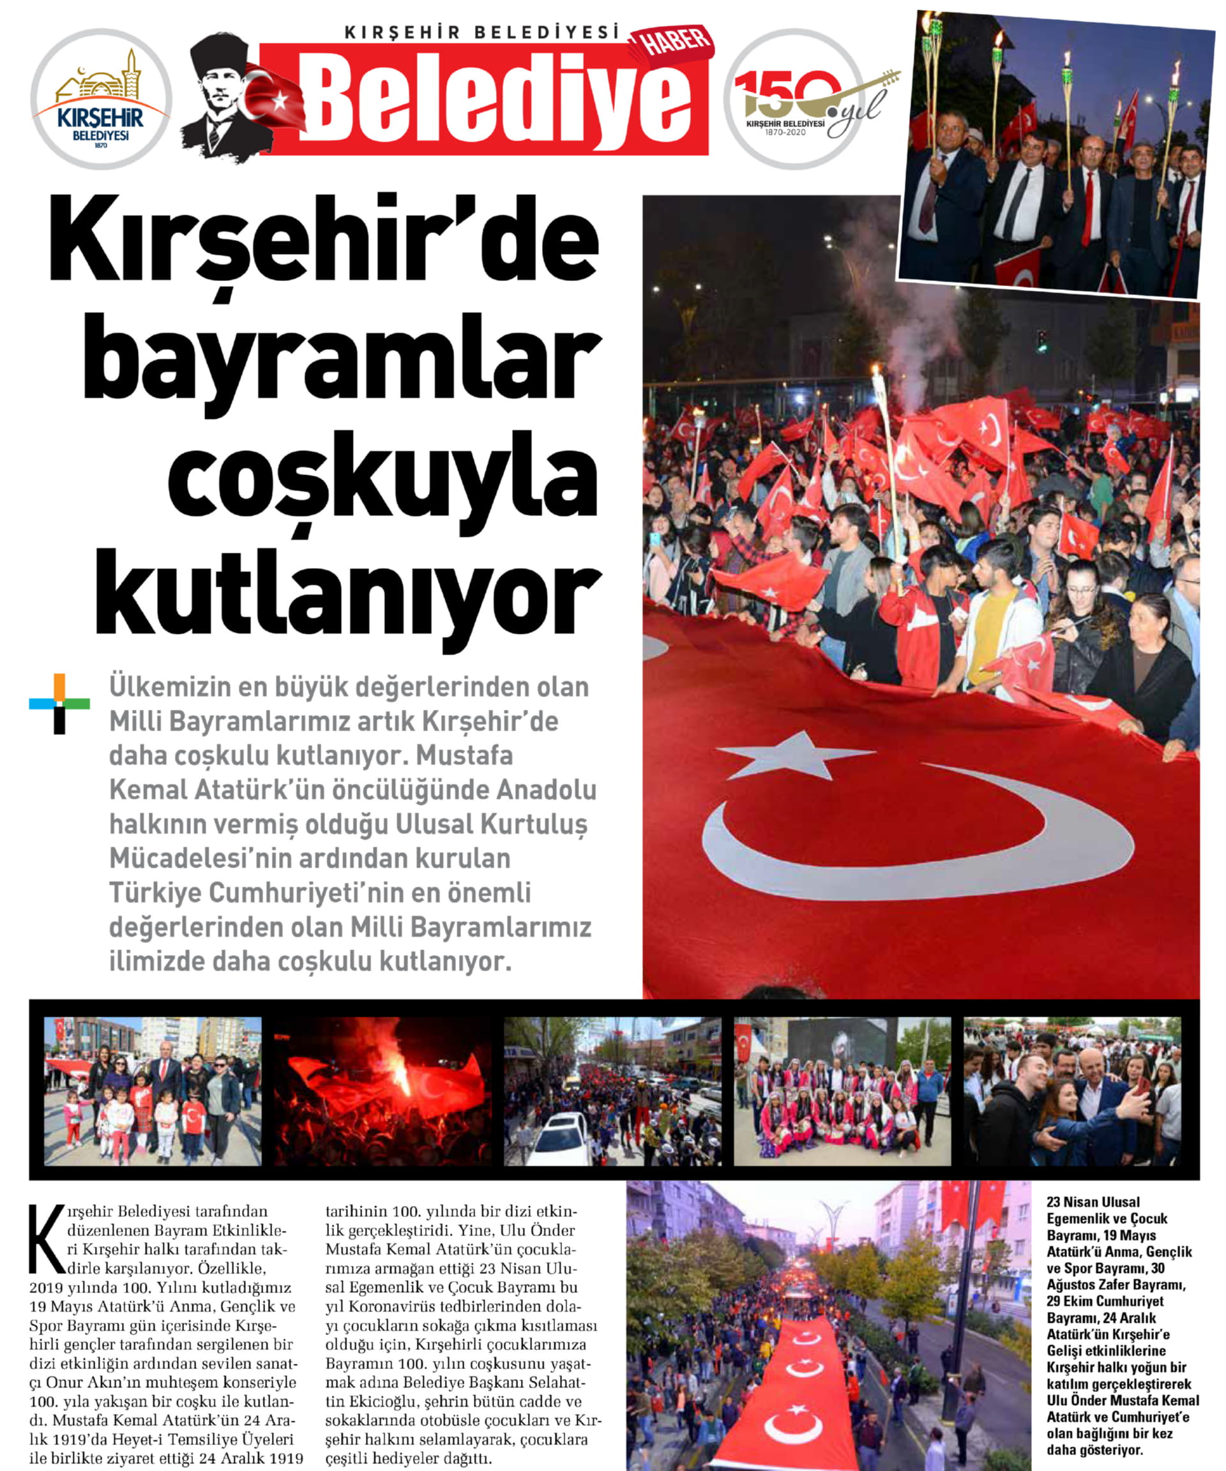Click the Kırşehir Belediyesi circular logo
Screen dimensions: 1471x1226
click(101, 99)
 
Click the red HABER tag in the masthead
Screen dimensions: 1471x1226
click(671, 45)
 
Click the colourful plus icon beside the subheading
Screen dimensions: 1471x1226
click(59, 704)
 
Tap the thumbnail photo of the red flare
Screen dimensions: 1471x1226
click(382, 1090)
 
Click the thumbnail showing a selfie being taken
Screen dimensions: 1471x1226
click(1072, 1090)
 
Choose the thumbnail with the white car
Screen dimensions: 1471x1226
click(612, 1090)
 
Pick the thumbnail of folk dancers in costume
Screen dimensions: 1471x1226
click(842, 1090)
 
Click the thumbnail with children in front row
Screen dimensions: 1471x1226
click(153, 1090)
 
